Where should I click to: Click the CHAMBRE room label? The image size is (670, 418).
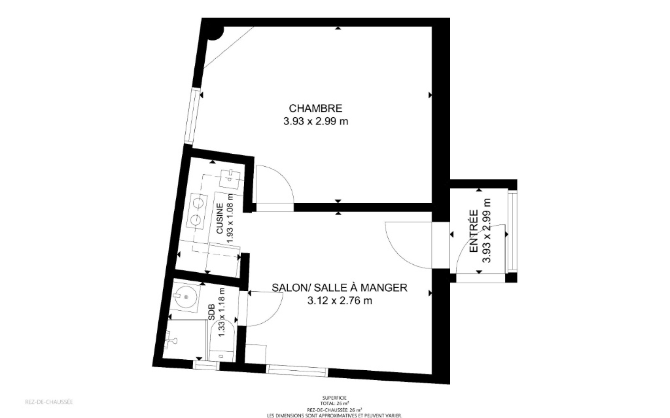315,108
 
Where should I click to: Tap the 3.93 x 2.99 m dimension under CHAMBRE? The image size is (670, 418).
316,121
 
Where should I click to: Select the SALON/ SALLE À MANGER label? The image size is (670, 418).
340,288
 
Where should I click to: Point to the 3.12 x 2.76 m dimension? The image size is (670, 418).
340,301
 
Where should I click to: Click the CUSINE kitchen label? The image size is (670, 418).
220,219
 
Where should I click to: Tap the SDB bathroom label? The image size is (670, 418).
212,312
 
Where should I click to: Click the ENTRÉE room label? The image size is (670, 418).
474,231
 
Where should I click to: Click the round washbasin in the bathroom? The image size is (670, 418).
186,297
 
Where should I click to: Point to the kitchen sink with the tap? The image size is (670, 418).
230,179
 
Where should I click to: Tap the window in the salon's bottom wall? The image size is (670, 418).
297,370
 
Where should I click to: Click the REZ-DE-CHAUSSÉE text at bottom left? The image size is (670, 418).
49,402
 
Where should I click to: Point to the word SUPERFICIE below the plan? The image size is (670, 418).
335,398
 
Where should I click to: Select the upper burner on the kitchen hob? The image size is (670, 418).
198,203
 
